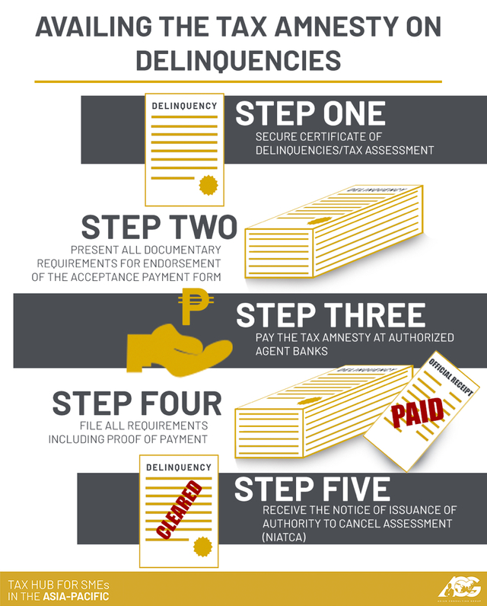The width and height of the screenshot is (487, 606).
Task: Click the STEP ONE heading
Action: [310, 113]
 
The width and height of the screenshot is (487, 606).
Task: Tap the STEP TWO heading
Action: [159, 227]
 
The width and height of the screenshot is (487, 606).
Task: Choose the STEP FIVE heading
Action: [312, 489]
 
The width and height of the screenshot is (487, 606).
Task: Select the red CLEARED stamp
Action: [180, 509]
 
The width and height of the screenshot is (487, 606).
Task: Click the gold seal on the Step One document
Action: [206, 186]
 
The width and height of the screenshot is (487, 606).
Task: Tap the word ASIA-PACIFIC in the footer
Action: [75, 596]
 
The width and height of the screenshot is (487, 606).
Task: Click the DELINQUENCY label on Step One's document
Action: [185, 106]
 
